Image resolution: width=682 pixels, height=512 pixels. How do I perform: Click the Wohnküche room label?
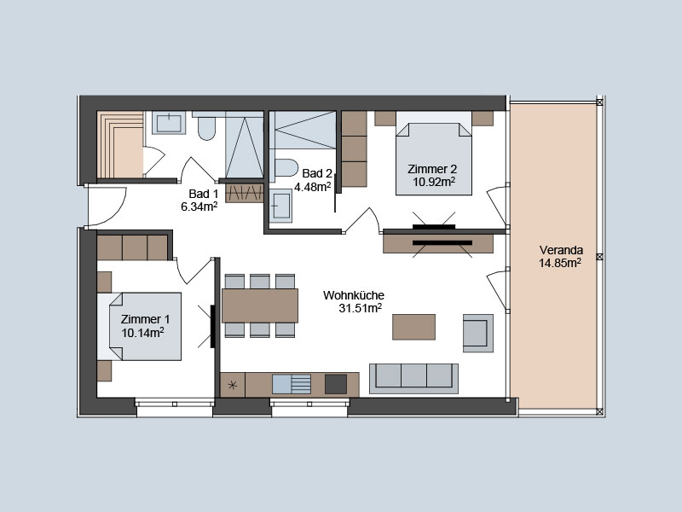click(x=354, y=295)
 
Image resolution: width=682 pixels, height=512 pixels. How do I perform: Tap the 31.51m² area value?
click(x=360, y=308)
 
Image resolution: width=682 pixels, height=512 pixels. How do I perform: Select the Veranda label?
click(x=561, y=250)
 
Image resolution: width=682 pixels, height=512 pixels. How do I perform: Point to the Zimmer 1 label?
click(x=145, y=319)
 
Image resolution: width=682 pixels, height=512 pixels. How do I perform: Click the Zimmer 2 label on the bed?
click(x=432, y=169)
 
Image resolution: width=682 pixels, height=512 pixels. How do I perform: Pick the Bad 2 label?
click(x=317, y=173)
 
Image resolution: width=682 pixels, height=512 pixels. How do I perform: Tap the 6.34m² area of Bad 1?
click(x=199, y=207)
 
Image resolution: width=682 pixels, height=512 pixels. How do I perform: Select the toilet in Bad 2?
click(x=286, y=167)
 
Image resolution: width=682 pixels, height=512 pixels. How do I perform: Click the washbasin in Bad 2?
click(x=280, y=205)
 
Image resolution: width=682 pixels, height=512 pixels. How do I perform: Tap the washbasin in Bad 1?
click(x=169, y=123)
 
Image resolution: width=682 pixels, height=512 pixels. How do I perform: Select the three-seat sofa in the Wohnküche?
click(x=413, y=379)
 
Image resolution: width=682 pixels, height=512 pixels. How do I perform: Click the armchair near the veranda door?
click(x=478, y=333)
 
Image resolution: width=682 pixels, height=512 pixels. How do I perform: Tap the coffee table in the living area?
click(x=413, y=327)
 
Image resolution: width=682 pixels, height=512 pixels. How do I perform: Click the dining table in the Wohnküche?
click(x=260, y=305)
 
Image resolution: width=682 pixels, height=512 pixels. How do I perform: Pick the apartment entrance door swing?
click(x=107, y=207)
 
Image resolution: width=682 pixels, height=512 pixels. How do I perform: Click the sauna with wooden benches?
click(x=120, y=144)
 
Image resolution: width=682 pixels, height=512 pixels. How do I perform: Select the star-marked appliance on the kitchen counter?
click(x=233, y=385)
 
